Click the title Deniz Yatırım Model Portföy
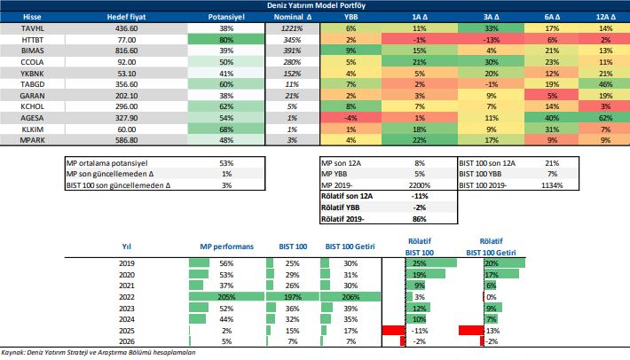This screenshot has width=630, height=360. [x=315, y=5]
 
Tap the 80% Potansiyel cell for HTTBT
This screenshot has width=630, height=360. [x=225, y=40]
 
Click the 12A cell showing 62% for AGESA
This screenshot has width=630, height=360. [x=606, y=117]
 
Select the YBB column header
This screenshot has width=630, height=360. [x=351, y=17]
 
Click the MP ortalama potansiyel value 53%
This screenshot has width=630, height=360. [x=225, y=163]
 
